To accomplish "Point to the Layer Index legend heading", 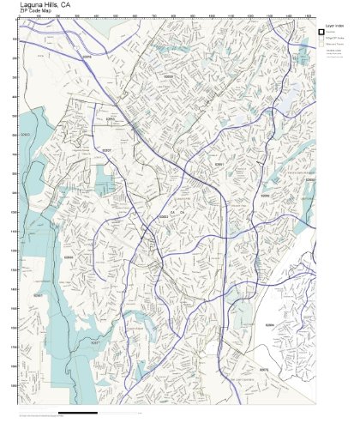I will tap(334, 27).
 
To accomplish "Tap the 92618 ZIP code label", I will tap(86, 56).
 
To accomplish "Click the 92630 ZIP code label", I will tap(168, 76).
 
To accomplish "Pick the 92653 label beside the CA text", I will tap(163, 217).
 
